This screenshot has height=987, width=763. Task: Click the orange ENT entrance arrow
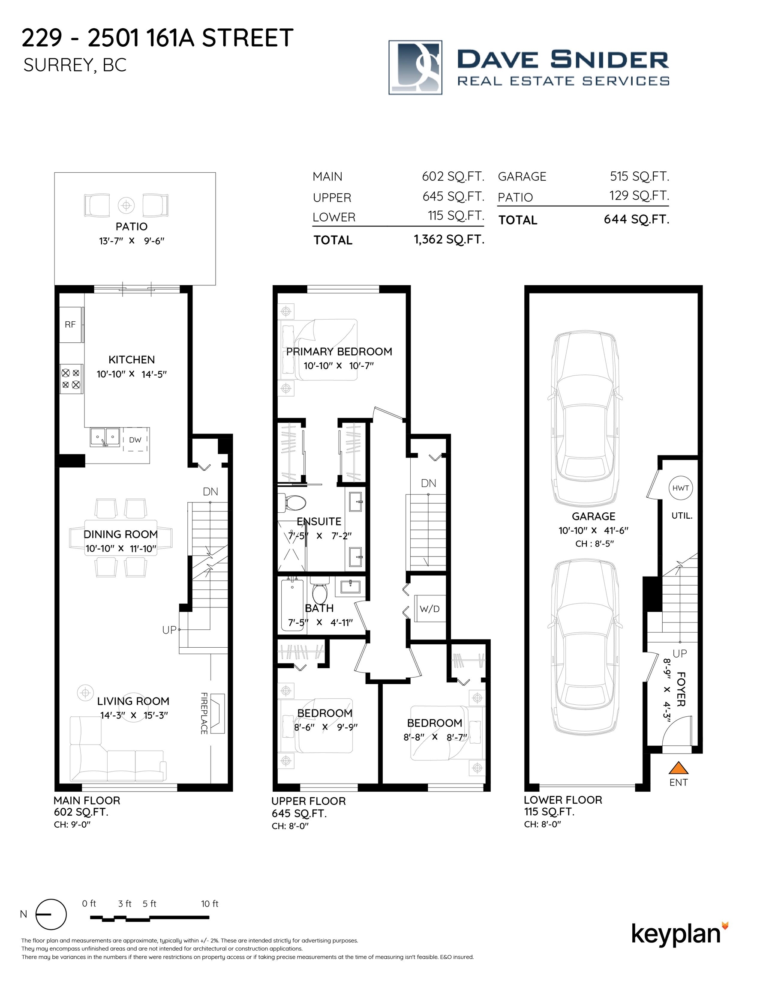click(x=678, y=768)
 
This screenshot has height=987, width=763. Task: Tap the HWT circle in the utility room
click(x=680, y=488)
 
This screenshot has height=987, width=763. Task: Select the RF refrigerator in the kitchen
click(x=71, y=324)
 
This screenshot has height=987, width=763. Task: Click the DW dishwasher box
click(x=135, y=440)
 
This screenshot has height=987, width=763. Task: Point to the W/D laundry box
click(x=430, y=609)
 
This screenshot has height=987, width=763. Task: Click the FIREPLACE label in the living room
click(x=204, y=713)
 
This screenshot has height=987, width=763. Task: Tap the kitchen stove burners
click(x=71, y=379)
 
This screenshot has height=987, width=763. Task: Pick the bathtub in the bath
click(x=293, y=605)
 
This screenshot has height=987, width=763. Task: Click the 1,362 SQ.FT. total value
click(x=449, y=239)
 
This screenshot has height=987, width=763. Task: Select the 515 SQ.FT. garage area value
click(x=639, y=176)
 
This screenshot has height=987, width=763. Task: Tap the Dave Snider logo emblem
click(x=415, y=67)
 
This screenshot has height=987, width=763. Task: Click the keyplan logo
click(x=680, y=934)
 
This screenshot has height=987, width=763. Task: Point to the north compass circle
click(x=51, y=914)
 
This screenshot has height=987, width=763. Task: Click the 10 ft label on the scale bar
click(x=210, y=903)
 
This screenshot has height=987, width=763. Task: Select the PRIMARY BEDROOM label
click(x=339, y=352)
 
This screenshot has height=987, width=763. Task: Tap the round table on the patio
click(x=126, y=205)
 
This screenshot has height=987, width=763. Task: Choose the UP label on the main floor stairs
click(x=169, y=630)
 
